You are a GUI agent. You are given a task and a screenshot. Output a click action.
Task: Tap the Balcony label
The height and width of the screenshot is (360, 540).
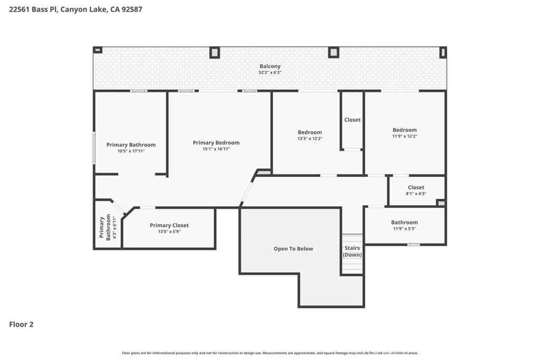(270, 66)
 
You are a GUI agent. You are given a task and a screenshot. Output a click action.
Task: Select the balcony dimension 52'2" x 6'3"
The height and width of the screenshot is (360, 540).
(270, 73)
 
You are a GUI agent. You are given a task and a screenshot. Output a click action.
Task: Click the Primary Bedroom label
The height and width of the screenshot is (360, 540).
(216, 142)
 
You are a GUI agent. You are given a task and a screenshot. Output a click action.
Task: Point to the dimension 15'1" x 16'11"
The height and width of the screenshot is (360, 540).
(216, 149)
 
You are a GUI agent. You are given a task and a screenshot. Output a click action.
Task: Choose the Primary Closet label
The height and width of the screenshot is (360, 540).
(169, 225)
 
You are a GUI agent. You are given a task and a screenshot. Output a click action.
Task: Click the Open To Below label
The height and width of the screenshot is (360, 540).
(293, 248)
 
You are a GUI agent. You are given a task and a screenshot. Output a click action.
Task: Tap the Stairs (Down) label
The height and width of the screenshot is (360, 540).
(352, 251)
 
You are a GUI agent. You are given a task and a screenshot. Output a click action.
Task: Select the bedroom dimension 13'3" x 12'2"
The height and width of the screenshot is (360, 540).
(310, 139)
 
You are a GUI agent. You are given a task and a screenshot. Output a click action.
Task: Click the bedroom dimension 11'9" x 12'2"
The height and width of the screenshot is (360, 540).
(404, 137)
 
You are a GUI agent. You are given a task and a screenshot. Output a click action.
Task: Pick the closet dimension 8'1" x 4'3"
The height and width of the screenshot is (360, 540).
(416, 194)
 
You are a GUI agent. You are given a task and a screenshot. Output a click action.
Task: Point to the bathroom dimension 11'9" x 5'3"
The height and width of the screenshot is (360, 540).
(404, 229)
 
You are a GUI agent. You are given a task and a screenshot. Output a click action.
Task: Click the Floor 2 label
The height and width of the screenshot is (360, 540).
(21, 324)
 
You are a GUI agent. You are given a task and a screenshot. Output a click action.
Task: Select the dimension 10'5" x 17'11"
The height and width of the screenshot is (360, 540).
(131, 151)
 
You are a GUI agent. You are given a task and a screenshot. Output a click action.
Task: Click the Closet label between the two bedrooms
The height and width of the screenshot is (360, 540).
(352, 120)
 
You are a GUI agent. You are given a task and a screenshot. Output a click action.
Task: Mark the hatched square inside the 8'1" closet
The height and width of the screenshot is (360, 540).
(441, 203)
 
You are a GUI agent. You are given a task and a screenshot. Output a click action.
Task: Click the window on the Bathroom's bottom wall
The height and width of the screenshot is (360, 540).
(413, 245)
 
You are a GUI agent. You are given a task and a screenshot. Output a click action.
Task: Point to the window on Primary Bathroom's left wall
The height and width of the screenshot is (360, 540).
(94, 148)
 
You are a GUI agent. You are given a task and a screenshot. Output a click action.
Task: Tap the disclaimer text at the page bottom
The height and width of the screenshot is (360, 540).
(270, 353)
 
